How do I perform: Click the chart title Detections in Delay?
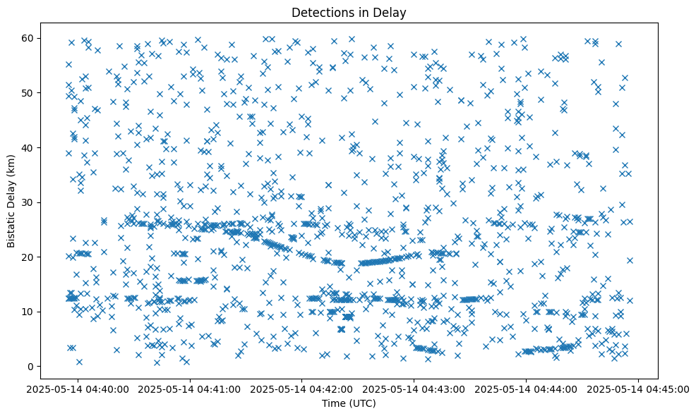pyautogui.click(x=349, y=12)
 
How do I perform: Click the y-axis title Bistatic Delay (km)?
pyautogui.click(x=11, y=202)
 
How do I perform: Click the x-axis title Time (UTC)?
pyautogui.click(x=349, y=403)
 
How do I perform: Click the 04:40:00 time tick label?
pyautogui.click(x=78, y=389)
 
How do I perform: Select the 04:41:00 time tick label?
pyautogui.click(x=190, y=389)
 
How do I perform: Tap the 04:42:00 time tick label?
pyautogui.click(x=302, y=389)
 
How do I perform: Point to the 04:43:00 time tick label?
pyautogui.click(x=414, y=389)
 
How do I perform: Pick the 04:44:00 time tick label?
pyautogui.click(x=527, y=389)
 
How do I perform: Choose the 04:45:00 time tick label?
pyautogui.click(x=639, y=389)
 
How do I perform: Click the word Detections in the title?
pyautogui.click(x=320, y=12)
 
